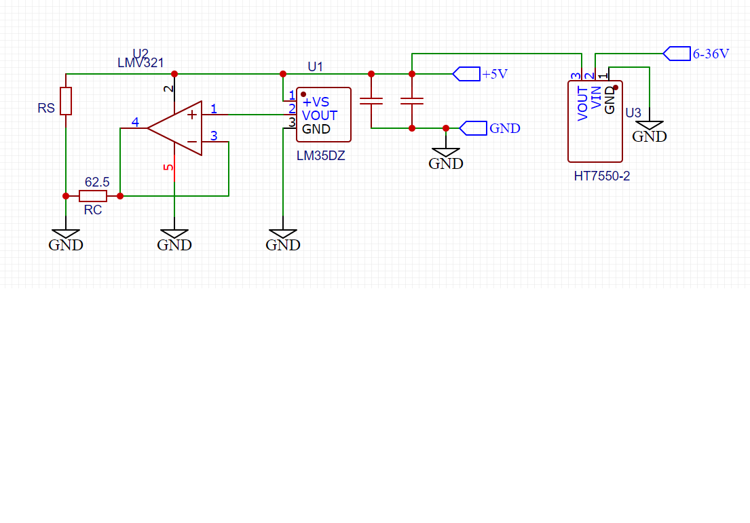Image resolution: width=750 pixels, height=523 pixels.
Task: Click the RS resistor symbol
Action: pyautogui.click(x=66, y=101)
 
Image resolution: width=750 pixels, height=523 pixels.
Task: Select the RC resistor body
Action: pyautogui.click(x=93, y=196)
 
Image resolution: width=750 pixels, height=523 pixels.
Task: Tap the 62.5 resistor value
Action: pyautogui.click(x=97, y=182)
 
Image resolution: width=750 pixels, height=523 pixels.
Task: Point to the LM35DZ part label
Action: pyautogui.click(x=320, y=156)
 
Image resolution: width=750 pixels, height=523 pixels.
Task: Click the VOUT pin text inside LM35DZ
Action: pyautogui.click(x=320, y=115)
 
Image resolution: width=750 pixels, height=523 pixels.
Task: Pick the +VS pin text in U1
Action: pyautogui.click(x=316, y=102)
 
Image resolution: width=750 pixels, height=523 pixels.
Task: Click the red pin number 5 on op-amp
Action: pyautogui.click(x=169, y=167)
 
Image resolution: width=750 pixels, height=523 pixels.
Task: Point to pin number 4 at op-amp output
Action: pyautogui.click(x=135, y=123)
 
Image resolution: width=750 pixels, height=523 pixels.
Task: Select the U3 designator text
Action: pyautogui.click(x=633, y=113)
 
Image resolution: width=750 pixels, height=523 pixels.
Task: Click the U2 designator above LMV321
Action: pyautogui.click(x=140, y=54)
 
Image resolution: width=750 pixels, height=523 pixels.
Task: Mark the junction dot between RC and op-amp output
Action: pyautogui.click(x=120, y=196)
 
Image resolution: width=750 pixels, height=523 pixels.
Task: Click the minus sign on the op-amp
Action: pyautogui.click(x=192, y=142)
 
